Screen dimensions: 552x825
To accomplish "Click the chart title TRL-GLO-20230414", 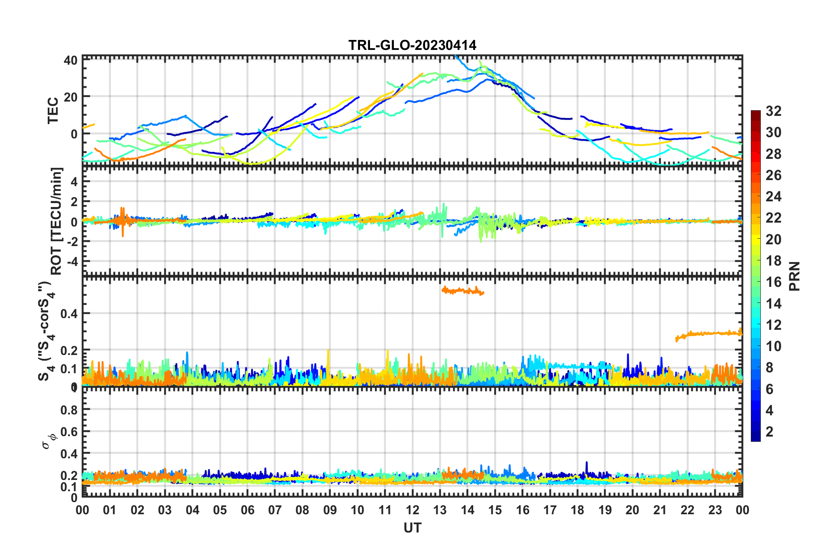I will tap(412, 45).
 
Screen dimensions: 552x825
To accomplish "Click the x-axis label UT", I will tap(412, 528).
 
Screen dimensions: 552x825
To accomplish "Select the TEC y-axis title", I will tap(53, 111).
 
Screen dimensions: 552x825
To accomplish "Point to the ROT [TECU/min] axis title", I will tap(56, 221).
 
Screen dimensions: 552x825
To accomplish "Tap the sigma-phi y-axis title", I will tap(48, 441).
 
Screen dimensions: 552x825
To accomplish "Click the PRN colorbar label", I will tap(795, 276).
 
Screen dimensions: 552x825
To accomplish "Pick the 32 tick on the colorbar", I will tap(773, 112).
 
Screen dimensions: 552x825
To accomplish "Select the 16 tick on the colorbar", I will tap(773, 283).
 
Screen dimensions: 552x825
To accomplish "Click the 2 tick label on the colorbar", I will tap(770, 432).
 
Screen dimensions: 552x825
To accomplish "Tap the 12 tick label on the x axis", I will tap(412, 510).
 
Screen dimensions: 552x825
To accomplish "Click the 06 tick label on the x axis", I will tap(247, 510).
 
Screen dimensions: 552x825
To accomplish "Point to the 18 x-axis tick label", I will tap(577, 510).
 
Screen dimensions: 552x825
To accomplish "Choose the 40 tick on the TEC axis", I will tap(71, 60).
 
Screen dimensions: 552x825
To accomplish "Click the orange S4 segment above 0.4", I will tap(462, 291).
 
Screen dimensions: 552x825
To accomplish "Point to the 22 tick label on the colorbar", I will tap(773, 218).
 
